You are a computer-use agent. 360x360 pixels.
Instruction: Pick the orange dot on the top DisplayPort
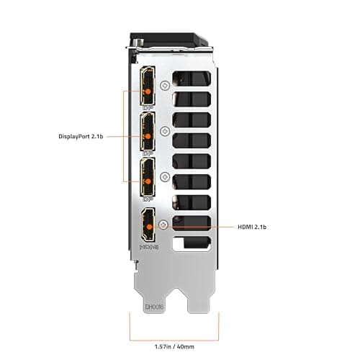[x=148, y=92]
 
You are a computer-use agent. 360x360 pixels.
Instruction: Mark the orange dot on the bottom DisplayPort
[x=148, y=180]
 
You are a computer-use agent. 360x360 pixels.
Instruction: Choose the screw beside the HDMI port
[x=165, y=225]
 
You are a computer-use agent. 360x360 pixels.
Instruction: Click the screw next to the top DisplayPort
[x=165, y=85]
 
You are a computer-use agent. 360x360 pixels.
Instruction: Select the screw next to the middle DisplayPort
[x=165, y=131]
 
